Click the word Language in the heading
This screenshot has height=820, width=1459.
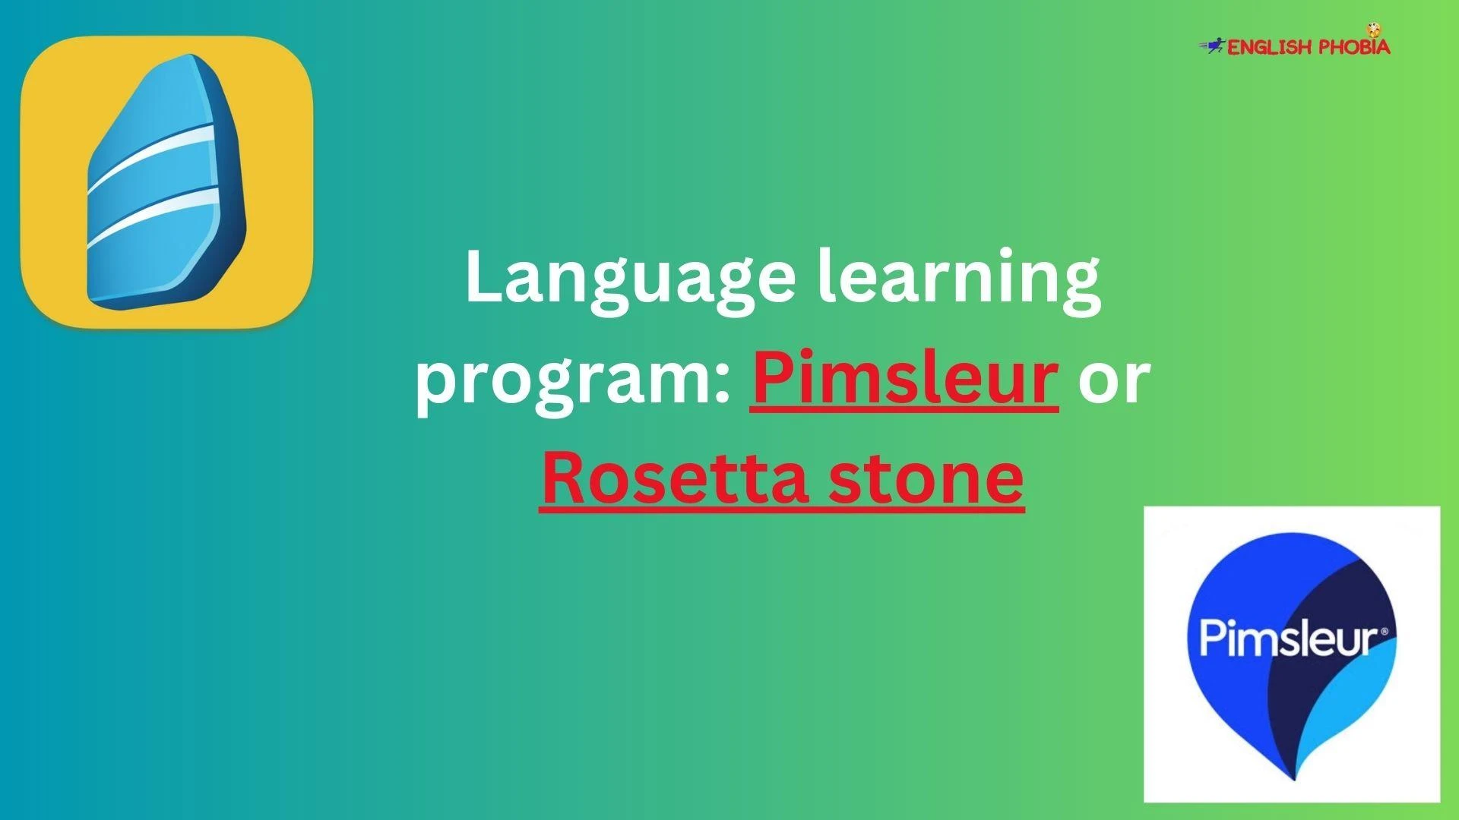click(630, 280)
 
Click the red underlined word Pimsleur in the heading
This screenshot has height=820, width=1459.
click(904, 376)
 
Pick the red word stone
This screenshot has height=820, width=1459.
click(926, 479)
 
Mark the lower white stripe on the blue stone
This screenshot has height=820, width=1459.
click(152, 218)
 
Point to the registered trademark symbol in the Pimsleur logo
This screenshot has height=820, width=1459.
click(1384, 631)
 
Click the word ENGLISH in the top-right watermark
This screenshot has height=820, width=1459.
click(1270, 48)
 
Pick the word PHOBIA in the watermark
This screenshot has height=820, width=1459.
click(1354, 46)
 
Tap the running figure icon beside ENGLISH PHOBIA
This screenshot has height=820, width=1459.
click(1213, 46)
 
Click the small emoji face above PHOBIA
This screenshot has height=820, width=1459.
click(1373, 30)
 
